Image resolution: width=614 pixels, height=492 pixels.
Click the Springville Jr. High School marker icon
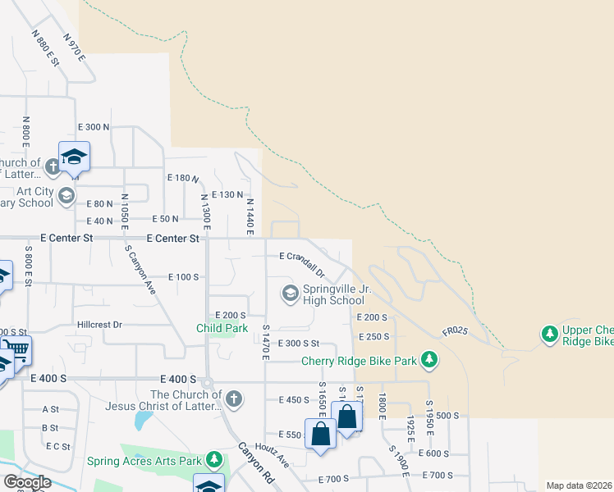(x=290, y=293)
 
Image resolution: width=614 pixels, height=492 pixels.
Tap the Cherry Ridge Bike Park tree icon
(x=428, y=359)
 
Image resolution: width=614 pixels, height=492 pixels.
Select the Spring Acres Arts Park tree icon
(x=214, y=460)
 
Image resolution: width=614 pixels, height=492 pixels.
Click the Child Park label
(x=222, y=328)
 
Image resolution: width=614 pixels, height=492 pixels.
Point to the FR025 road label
(x=454, y=331)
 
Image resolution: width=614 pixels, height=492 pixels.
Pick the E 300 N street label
(x=93, y=127)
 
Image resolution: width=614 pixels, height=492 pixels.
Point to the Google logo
(x=26, y=482)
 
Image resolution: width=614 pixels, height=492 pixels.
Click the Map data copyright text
(x=580, y=485)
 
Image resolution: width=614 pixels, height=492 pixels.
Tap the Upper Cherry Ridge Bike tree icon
(x=549, y=334)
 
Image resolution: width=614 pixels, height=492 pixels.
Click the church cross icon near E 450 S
(x=234, y=399)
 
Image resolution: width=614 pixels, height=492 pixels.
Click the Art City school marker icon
(x=66, y=196)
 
